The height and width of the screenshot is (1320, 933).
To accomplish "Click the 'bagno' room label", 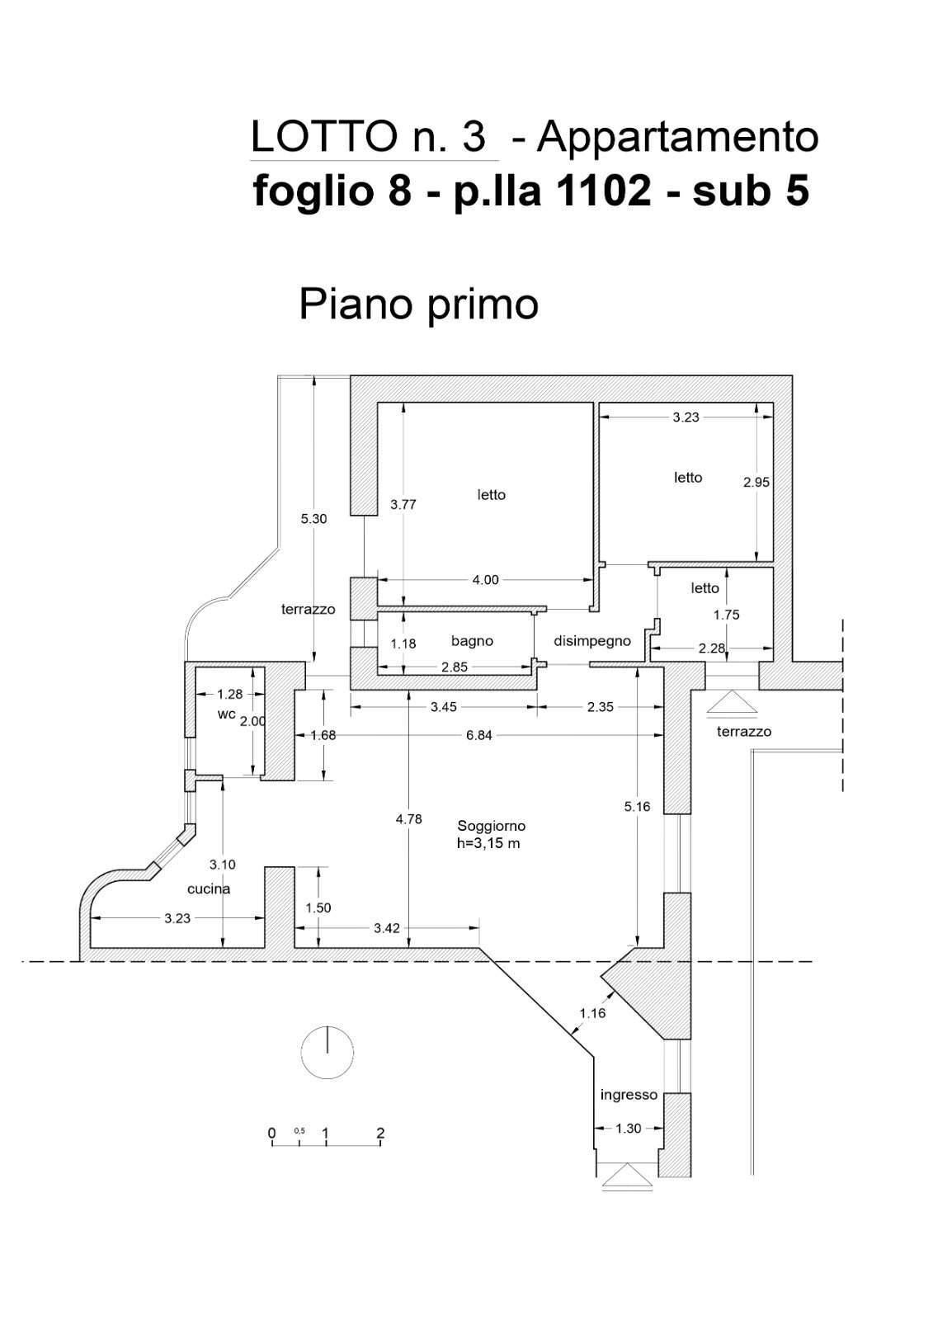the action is [x=472, y=641].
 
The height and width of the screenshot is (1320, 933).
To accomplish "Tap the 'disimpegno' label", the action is [x=591, y=642].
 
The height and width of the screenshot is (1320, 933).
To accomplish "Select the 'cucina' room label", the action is [x=209, y=889].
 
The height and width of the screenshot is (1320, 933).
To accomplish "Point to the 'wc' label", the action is [x=226, y=714].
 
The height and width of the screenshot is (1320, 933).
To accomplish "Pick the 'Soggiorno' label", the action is [x=491, y=826].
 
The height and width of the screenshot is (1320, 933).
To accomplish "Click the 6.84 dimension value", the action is [x=478, y=735].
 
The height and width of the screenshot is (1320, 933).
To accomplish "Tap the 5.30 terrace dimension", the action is [x=313, y=519].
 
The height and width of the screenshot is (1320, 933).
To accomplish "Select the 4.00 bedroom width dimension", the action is [x=486, y=580].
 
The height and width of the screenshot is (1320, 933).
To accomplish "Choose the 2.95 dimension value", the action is [x=756, y=482].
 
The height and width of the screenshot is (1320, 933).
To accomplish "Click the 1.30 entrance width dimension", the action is [x=629, y=1129].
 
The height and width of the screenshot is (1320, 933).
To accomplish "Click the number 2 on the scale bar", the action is [x=380, y=1134].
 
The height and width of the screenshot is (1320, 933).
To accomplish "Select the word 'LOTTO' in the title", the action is [x=323, y=137].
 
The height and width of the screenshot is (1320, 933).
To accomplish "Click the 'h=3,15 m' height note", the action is [x=488, y=843].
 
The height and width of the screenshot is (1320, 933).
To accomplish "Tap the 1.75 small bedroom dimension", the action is [x=726, y=615].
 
